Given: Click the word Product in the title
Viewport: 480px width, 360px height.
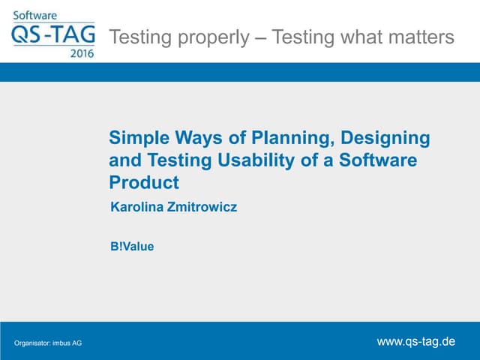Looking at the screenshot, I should click(x=144, y=182).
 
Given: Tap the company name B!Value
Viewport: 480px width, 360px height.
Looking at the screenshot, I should click(x=132, y=245).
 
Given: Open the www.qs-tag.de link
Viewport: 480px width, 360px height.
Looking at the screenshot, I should click(x=415, y=341).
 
